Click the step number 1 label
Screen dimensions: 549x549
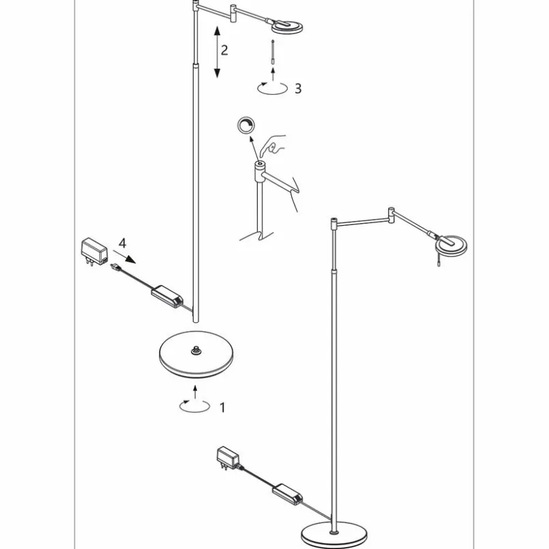222,408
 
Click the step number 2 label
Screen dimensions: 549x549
224,50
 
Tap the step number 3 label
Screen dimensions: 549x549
298,89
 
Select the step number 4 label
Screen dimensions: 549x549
122,243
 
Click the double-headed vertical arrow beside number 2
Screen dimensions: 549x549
217,51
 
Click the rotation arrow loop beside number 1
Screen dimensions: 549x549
194,406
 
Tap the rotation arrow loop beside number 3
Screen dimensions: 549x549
272,88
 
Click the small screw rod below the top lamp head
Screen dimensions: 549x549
273,52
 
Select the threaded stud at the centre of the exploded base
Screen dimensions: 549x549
195,351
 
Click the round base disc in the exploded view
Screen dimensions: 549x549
196,355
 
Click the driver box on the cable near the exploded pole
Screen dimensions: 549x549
167,296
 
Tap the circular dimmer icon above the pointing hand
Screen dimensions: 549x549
246,125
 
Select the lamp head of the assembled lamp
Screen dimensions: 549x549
451,245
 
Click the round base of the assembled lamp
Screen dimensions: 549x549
334,535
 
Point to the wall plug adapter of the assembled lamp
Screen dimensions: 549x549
228,458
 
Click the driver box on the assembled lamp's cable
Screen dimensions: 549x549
287,494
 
